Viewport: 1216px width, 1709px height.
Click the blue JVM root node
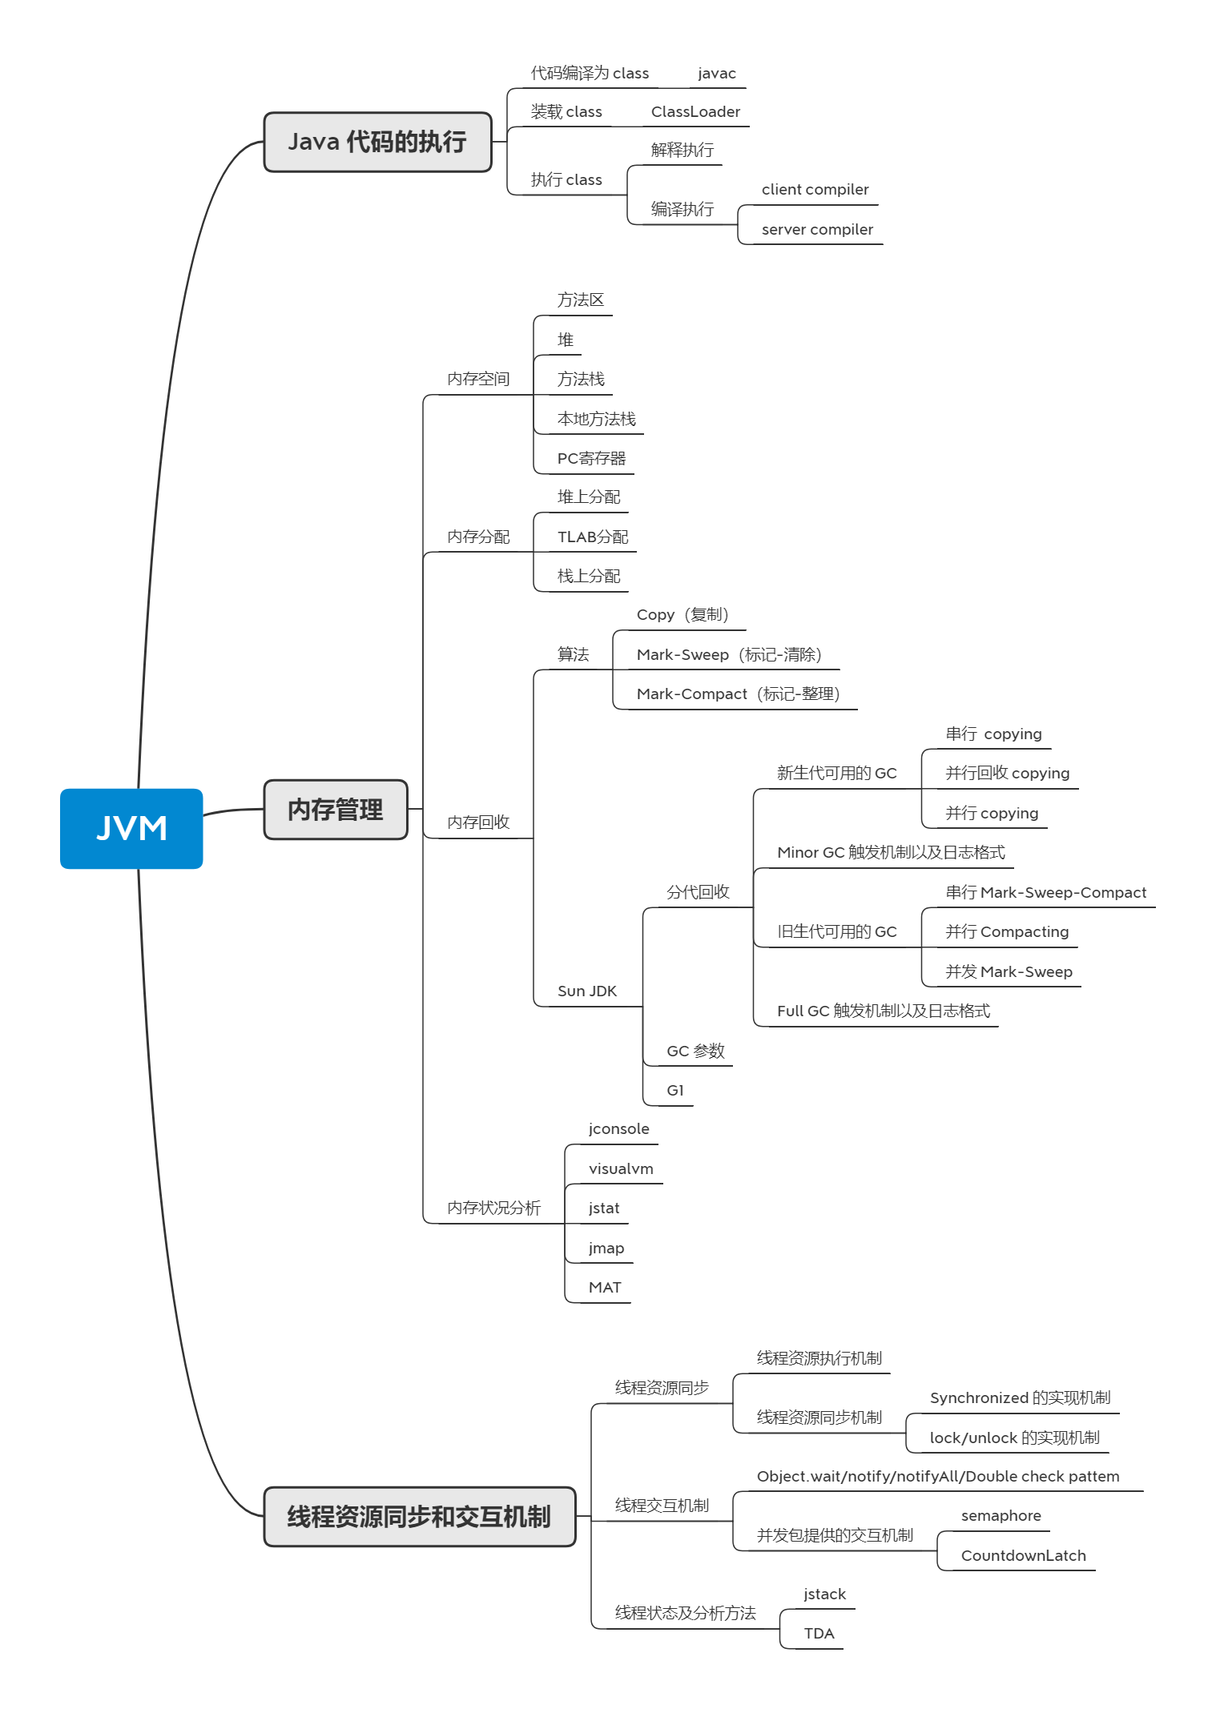point(131,828)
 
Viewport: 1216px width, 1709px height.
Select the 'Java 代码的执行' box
point(377,142)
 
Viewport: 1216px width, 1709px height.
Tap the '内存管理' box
point(336,810)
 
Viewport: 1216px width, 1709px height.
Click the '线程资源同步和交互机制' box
point(419,1516)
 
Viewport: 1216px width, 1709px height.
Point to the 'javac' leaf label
point(716,74)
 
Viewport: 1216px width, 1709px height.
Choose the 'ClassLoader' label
point(695,112)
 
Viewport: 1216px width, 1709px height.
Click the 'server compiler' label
point(817,230)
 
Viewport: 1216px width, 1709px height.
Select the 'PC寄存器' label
point(591,459)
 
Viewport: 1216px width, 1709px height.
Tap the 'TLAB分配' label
point(593,537)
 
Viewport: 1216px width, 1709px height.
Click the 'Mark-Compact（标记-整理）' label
point(738,694)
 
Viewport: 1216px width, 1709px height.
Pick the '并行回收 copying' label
point(1007,774)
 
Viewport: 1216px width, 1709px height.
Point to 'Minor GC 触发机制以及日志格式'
point(891,853)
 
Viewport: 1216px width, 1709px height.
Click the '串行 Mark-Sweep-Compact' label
point(1045,893)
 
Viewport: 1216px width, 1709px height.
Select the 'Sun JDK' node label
point(587,991)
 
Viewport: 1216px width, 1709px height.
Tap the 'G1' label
point(675,1091)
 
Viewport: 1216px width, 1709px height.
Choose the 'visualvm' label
point(621,1169)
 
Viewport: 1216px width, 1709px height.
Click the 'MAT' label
point(605,1288)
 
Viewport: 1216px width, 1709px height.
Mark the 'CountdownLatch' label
point(1023,1556)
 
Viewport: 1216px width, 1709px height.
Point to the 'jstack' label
point(824,1594)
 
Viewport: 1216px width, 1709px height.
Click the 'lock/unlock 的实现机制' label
point(1014,1438)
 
